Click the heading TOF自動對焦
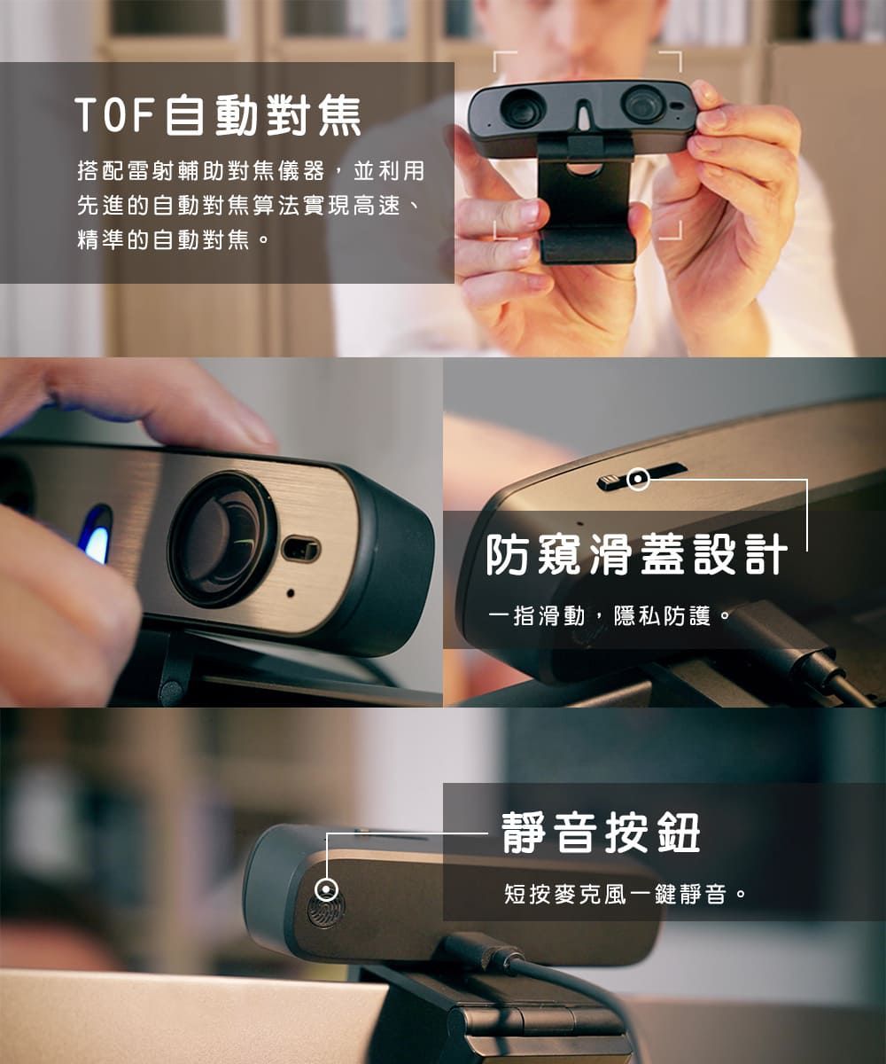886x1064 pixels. point(218,115)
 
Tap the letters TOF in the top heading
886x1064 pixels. point(114,115)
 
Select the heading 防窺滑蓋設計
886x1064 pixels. point(636,554)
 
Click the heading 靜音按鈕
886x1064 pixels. point(601,833)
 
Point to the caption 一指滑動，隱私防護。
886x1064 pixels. point(610,616)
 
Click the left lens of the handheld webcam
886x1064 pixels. point(523,108)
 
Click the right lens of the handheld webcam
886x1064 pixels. point(644,104)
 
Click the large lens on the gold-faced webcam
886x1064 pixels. point(223,540)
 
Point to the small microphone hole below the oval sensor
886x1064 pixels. point(291,593)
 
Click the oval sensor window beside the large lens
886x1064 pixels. point(301,551)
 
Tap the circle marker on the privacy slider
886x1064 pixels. point(638,480)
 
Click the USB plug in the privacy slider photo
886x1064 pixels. point(779,637)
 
